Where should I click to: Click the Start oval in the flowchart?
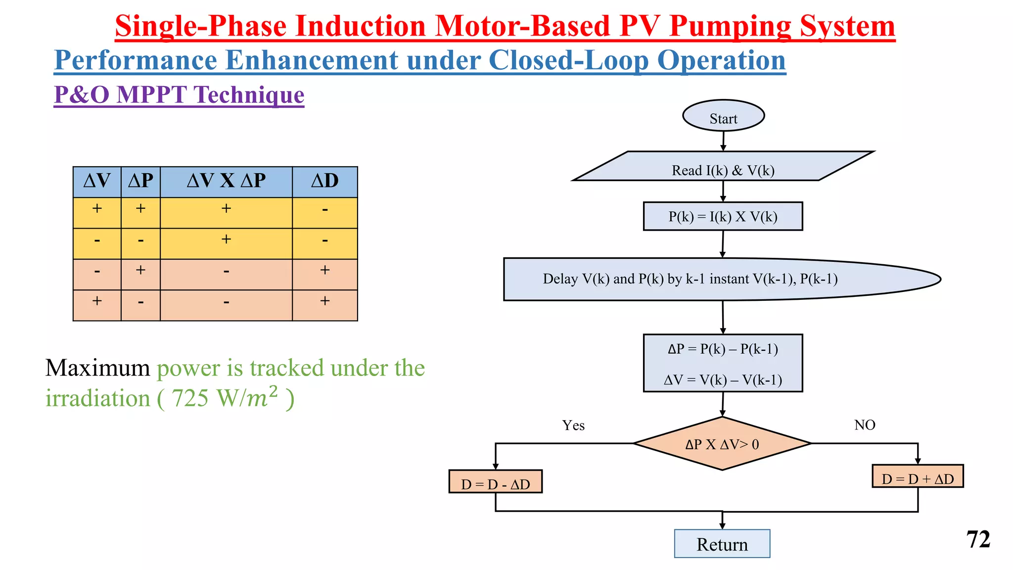click(723, 116)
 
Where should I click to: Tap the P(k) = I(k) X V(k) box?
click(723, 217)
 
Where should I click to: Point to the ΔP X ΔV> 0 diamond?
click(722, 444)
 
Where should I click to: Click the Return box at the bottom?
click(722, 544)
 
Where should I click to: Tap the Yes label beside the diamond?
click(573, 426)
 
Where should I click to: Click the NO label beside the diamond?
click(865, 425)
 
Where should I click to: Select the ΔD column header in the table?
click(324, 182)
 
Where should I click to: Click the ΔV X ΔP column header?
click(226, 182)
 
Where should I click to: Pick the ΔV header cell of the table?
click(97, 182)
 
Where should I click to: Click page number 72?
click(978, 540)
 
